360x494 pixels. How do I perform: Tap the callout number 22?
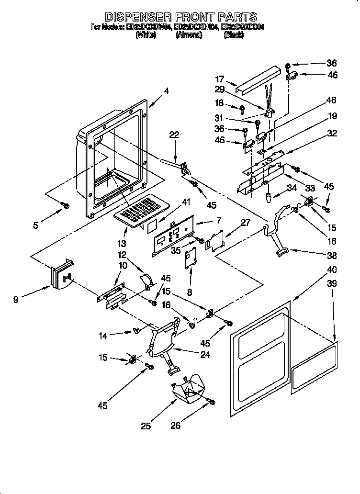click(174, 135)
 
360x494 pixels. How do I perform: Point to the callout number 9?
click(17, 300)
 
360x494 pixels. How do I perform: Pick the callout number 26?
click(176, 425)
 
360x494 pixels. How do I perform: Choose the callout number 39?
click(331, 284)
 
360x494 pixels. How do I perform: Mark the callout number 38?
click(331, 255)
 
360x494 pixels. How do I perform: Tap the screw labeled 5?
click(66, 205)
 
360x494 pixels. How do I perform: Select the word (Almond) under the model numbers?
click(189, 35)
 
